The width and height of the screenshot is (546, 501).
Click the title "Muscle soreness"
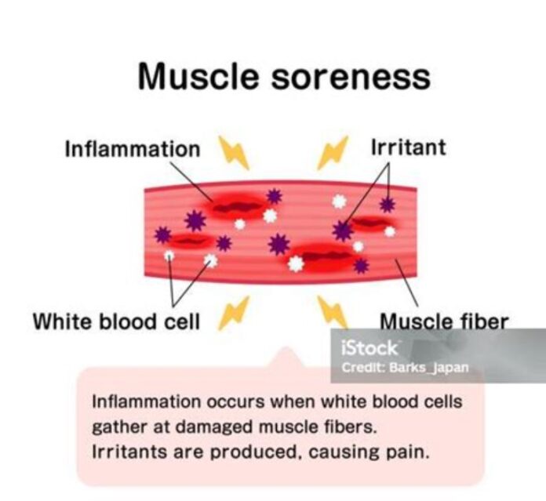tap(284, 78)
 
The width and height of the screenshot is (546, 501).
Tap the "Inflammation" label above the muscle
tap(132, 149)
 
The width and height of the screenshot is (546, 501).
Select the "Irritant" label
tap(408, 147)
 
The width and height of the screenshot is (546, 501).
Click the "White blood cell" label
tap(116, 321)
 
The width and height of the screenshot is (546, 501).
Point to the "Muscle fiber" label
tap(444, 321)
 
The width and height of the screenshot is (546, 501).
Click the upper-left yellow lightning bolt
tap(233, 152)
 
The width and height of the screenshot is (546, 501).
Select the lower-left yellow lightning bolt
tap(233, 312)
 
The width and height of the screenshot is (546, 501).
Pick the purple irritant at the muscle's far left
tap(162, 234)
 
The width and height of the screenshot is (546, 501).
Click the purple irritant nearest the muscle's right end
tap(387, 205)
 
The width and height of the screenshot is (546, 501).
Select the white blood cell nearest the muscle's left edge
tap(169, 256)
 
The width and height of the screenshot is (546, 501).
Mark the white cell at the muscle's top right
tap(339, 201)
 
